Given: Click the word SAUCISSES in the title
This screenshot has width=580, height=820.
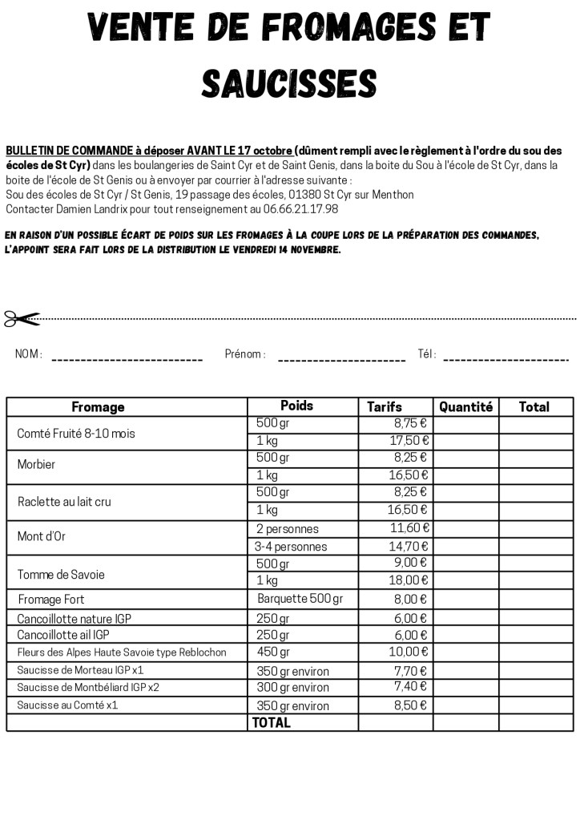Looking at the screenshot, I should pyautogui.click(x=289, y=83).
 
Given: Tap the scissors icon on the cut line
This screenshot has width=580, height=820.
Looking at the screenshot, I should pyautogui.click(x=22, y=318).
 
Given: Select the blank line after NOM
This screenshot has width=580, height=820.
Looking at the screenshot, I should pyautogui.click(x=127, y=359).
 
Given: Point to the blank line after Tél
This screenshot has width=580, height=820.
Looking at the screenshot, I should pyautogui.click(x=505, y=359).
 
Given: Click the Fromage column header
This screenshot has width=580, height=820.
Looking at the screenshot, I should pyautogui.click(x=98, y=407).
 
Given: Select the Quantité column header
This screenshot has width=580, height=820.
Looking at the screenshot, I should pyautogui.click(x=465, y=407).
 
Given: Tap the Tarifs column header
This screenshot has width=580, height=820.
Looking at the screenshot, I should pyautogui.click(x=385, y=407).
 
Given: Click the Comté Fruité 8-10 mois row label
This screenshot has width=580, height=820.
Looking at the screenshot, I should pyautogui.click(x=76, y=434).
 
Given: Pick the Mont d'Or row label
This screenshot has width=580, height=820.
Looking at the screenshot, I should pyautogui.click(x=42, y=537).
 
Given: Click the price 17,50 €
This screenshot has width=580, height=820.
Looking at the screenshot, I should pyautogui.click(x=409, y=441).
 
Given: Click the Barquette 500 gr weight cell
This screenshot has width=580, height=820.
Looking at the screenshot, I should pyautogui.click(x=300, y=599).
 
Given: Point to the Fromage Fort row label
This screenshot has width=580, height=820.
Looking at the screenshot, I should pyautogui.click(x=51, y=600).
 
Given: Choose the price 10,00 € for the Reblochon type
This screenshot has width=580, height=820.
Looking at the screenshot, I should pyautogui.click(x=409, y=652).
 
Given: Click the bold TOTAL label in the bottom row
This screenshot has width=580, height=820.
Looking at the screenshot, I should pyautogui.click(x=272, y=722).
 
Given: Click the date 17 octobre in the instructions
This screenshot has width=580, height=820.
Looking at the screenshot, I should pyautogui.click(x=265, y=151).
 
